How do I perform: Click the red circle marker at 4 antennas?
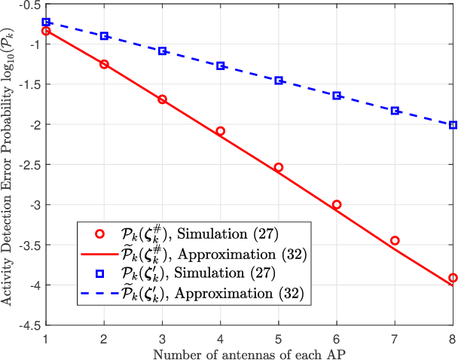(x=221, y=131)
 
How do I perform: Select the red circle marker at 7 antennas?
(x=395, y=240)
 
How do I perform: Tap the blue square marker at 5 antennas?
(x=279, y=81)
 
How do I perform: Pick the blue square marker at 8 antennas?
(x=453, y=125)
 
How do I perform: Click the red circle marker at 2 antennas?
(x=105, y=64)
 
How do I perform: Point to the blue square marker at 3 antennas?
(x=163, y=50)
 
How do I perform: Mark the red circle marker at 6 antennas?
(x=337, y=204)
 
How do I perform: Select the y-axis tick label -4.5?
(x=29, y=325)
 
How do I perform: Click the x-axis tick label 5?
(x=279, y=337)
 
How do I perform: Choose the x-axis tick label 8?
(x=452, y=337)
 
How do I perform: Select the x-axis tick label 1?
(x=47, y=337)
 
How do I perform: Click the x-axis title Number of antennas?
(x=249, y=352)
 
